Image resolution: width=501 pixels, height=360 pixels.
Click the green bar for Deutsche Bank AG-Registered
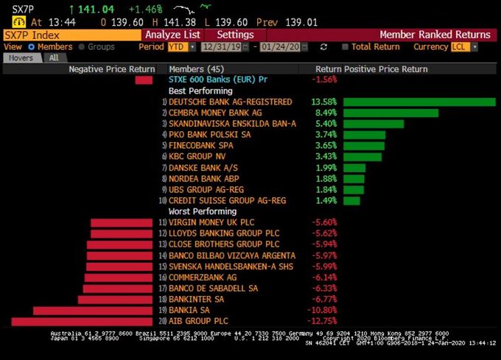[x=419, y=102]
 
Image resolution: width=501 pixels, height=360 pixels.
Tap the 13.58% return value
[x=323, y=102]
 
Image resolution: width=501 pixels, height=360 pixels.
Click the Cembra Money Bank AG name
[x=215, y=113]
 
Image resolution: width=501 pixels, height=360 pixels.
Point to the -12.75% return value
[x=323, y=321]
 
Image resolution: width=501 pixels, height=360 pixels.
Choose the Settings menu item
[x=236, y=35]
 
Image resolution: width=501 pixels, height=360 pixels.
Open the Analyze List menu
[x=172, y=35]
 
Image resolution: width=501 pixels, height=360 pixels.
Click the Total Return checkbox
[x=346, y=47]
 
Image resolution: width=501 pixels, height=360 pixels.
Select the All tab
[x=54, y=57]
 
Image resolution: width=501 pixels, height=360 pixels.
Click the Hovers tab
[x=21, y=57]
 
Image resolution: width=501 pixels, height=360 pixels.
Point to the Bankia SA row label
[x=189, y=311]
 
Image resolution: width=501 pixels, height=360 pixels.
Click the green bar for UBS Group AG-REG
[x=354, y=190]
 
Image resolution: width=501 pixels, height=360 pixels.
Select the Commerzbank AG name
[x=203, y=278]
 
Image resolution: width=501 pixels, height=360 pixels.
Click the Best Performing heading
[x=195, y=91]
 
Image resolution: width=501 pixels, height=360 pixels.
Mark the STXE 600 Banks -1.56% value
[x=325, y=80]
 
